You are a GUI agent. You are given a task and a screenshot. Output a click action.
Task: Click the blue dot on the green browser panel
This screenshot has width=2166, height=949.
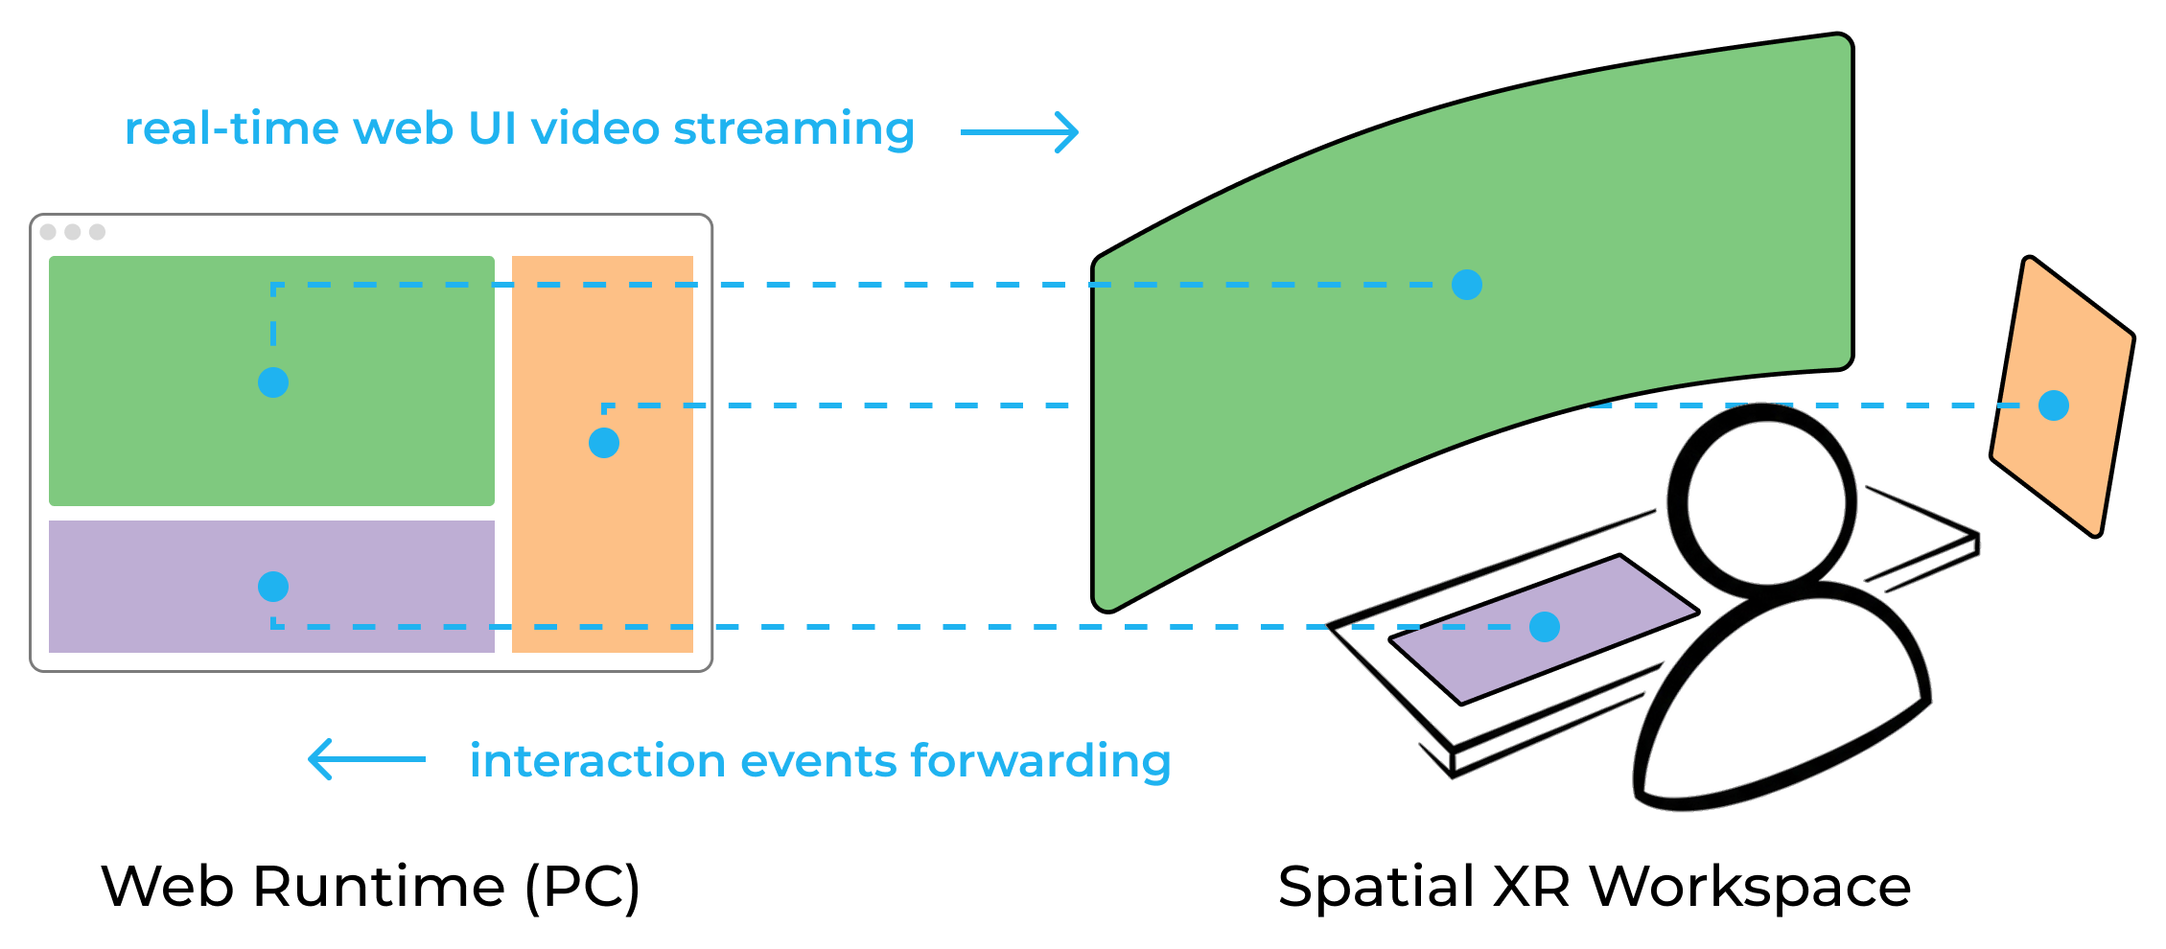pos(273,382)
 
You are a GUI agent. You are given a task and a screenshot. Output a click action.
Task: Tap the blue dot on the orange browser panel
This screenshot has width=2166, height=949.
pos(603,443)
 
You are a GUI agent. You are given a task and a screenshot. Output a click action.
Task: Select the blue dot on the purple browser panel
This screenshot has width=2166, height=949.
pos(273,587)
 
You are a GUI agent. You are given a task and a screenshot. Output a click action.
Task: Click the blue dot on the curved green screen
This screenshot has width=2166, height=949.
pos(1466,285)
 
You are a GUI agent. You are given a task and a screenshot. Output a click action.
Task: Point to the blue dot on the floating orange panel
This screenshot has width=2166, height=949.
pos(2053,405)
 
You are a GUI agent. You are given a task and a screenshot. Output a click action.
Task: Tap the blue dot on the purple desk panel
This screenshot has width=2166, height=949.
pos(1544,627)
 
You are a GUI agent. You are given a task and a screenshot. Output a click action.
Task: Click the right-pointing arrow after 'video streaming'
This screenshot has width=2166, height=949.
pos(1020,132)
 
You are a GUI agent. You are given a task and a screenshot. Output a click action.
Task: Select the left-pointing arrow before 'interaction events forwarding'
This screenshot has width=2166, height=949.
pos(366,759)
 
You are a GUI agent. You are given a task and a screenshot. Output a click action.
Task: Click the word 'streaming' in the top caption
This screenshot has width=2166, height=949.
pos(793,129)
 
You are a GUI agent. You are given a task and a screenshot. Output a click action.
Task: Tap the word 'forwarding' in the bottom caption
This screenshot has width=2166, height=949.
pos(1040,762)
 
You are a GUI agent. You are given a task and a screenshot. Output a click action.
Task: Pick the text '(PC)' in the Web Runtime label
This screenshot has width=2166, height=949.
pos(582,887)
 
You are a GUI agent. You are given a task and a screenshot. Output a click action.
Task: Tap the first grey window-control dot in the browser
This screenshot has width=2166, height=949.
pos(48,232)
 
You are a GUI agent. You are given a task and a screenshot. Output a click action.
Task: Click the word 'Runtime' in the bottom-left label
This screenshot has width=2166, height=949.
pos(379,887)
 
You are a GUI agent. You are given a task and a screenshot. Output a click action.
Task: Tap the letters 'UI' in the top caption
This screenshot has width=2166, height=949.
pos(493,129)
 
